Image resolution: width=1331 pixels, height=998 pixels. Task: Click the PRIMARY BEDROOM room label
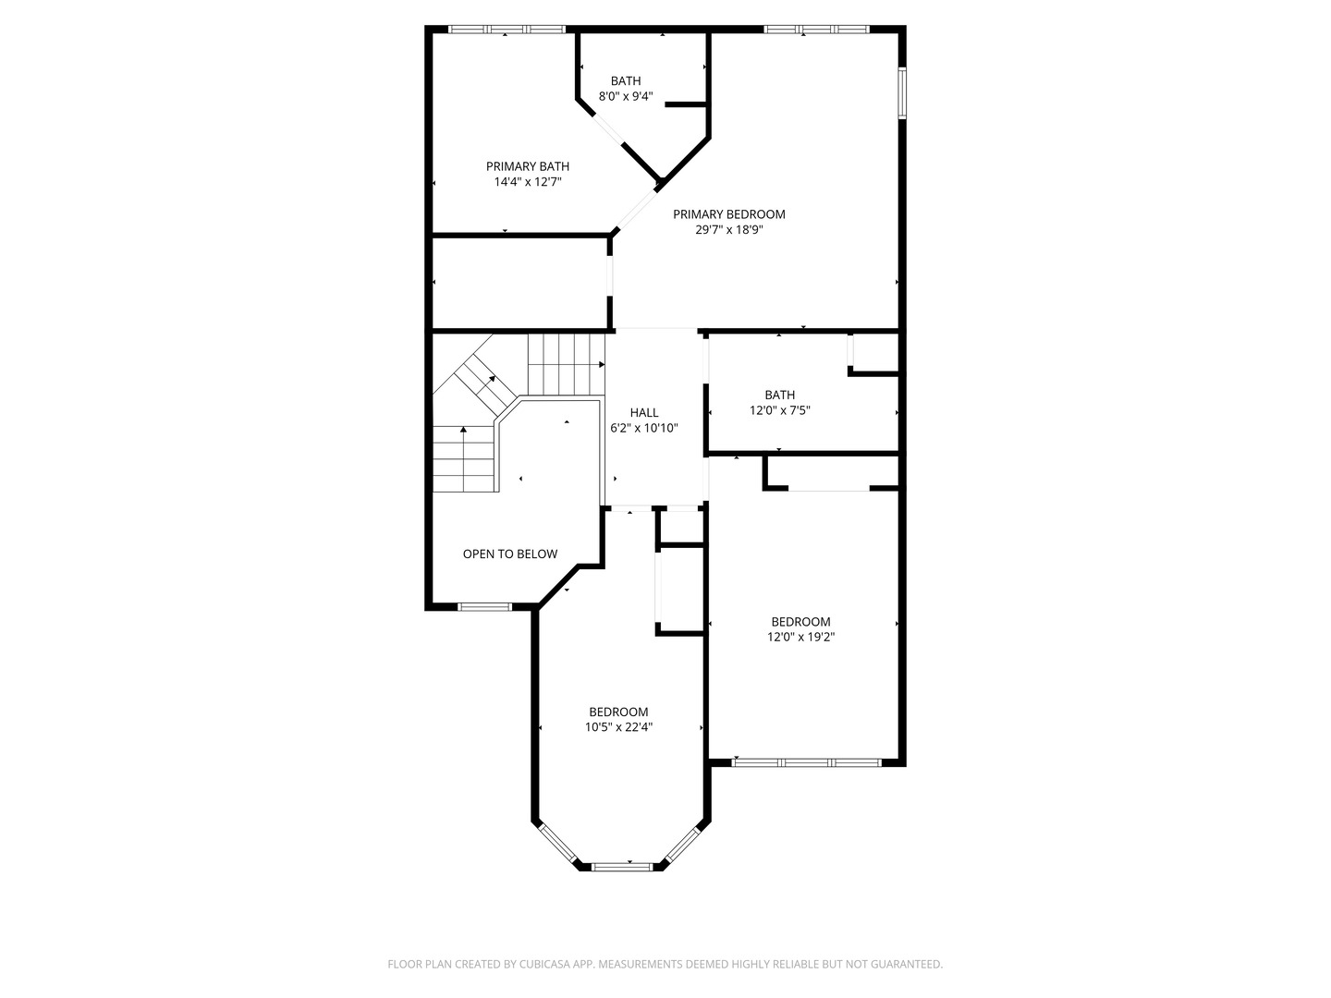point(728,214)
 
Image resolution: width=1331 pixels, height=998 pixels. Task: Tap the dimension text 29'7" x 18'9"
point(728,230)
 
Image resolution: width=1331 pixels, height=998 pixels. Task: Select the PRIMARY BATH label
point(528,166)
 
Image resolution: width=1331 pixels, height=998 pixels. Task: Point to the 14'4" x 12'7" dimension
point(528,182)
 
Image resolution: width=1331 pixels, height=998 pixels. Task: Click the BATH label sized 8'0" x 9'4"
point(626,81)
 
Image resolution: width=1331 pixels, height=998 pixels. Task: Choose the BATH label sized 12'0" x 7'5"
point(779,395)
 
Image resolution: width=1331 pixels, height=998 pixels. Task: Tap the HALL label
point(644,413)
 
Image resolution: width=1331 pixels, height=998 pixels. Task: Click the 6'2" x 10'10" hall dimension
point(644,429)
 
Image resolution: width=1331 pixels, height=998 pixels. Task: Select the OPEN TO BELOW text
point(510,554)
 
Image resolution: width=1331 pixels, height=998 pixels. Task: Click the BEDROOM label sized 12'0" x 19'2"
point(800,622)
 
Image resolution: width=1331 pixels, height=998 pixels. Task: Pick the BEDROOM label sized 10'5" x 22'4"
point(618,712)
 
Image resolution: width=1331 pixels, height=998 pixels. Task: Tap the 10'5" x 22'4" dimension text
point(618,727)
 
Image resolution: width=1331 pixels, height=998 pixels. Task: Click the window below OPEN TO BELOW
point(485,607)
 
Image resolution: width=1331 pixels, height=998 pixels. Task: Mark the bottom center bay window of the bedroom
point(621,867)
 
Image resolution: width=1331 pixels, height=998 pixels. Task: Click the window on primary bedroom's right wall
point(903,91)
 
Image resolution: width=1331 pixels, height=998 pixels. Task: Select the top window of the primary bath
point(507,30)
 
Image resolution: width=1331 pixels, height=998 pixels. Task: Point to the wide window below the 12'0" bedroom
point(806,763)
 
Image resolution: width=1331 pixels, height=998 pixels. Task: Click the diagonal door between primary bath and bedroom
point(635,210)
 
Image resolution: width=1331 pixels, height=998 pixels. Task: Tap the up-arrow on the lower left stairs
point(462,432)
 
